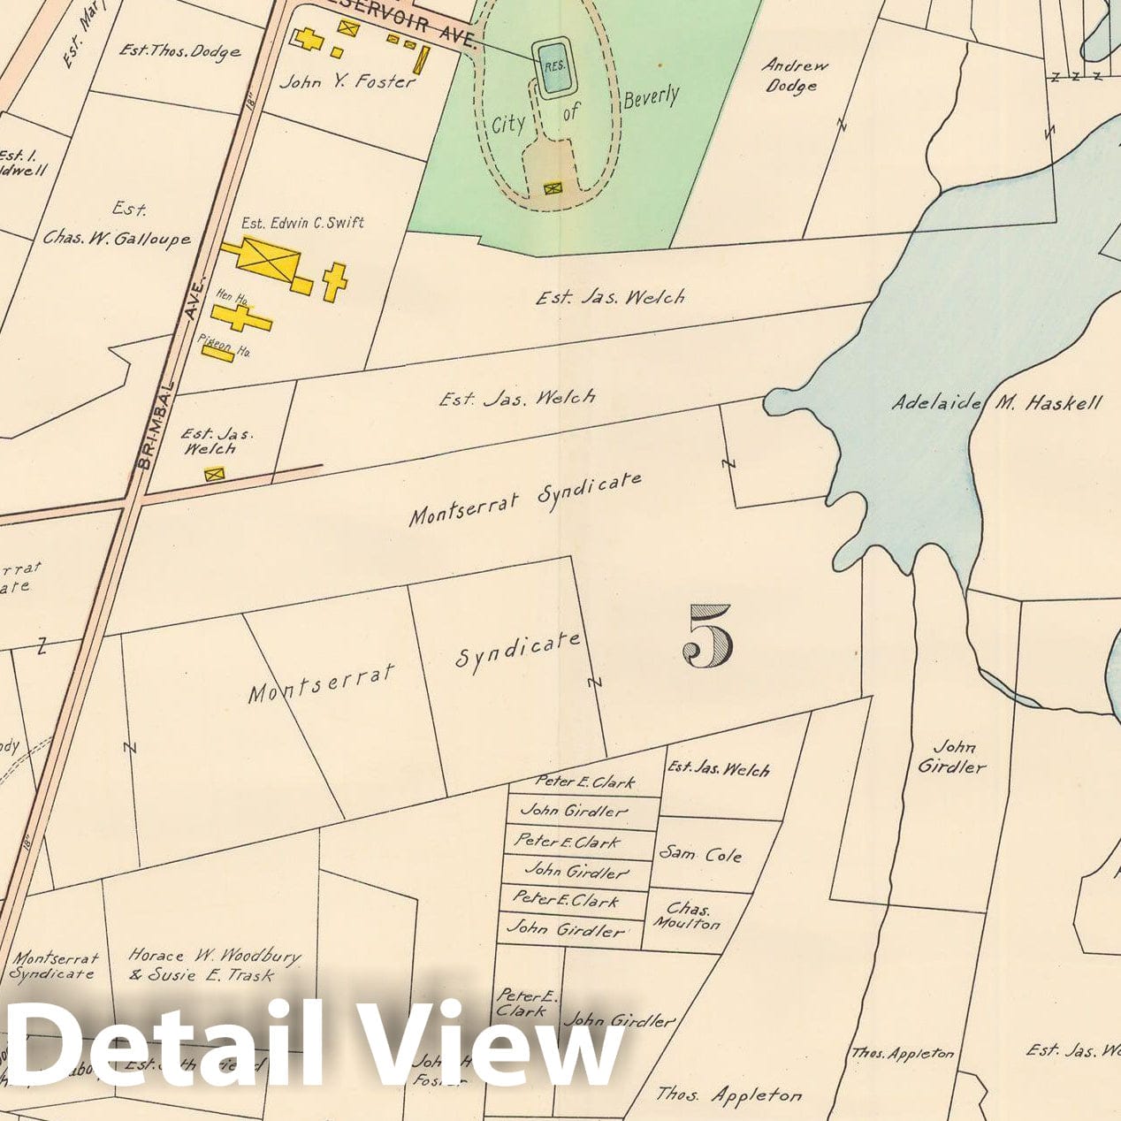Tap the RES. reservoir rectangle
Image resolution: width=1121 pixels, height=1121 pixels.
tap(554, 65)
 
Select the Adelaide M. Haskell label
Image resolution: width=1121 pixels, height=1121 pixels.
tap(996, 403)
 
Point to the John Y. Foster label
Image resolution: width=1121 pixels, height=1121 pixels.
tap(347, 82)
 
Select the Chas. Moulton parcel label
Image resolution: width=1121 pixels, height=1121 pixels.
tap(687, 916)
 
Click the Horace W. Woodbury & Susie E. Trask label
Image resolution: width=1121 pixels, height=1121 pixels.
tap(213, 965)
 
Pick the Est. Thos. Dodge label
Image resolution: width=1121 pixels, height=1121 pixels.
tap(179, 51)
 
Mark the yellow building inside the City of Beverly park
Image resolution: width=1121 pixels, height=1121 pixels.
tap(553, 187)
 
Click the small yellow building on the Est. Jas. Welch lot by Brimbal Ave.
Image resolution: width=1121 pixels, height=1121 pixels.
tap(214, 475)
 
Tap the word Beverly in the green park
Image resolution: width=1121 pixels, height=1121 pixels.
tap(651, 97)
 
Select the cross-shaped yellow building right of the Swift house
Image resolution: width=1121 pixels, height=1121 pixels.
tap(334, 281)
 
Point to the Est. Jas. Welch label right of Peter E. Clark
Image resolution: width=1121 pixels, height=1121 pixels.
tap(718, 769)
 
